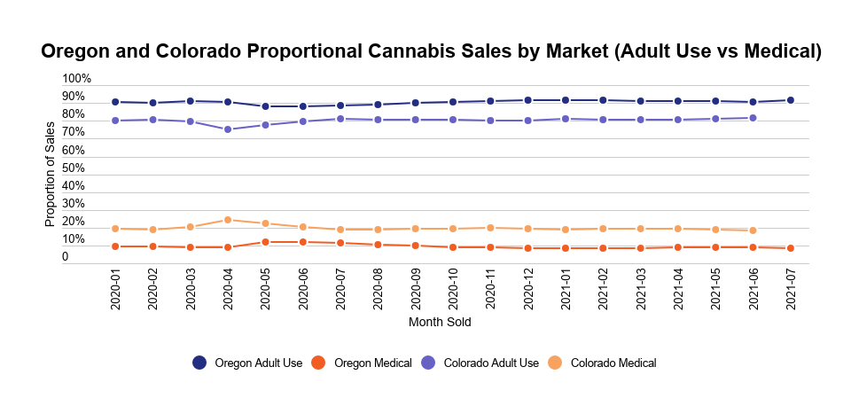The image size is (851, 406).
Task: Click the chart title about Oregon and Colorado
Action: tap(432, 52)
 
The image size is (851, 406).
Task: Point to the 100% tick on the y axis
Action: tap(76, 79)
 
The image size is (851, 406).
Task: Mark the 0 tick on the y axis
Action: tap(65, 257)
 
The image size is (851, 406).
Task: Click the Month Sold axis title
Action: tap(440, 323)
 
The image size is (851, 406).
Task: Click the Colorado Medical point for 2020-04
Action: tap(228, 220)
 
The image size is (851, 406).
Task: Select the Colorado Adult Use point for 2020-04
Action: tap(228, 129)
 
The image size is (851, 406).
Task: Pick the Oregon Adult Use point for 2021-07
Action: tap(791, 100)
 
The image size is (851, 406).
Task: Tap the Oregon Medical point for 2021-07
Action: tap(791, 248)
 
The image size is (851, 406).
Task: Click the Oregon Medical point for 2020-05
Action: tap(265, 242)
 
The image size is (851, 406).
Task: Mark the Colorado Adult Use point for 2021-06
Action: tap(753, 118)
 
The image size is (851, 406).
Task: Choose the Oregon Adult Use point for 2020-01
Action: tap(115, 102)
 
